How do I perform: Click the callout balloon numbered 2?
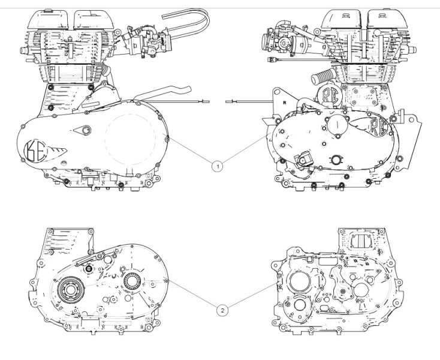click(222, 310)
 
